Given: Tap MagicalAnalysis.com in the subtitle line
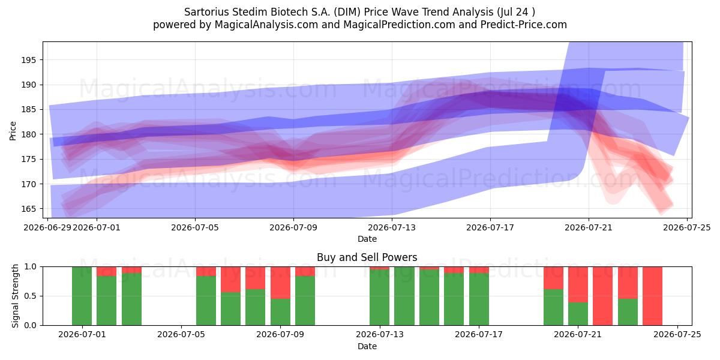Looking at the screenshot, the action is click(266, 25).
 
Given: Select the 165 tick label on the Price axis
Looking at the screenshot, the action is click(29, 209).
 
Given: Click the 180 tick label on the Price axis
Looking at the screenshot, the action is click(29, 134).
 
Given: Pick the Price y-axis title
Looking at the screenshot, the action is click(13, 131).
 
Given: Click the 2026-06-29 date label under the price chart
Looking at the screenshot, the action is click(47, 227).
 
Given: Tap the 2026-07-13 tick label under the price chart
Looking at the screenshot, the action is click(391, 227).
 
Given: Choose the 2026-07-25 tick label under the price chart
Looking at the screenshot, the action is click(687, 227).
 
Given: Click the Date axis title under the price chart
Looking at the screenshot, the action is click(367, 239).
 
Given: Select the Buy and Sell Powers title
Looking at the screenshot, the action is click(367, 257).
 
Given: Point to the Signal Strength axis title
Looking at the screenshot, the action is click(15, 296).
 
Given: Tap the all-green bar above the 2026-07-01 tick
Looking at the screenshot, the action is click(82, 296).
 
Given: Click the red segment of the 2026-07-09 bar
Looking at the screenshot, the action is click(280, 283).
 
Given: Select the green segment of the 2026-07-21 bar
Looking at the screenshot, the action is click(578, 314).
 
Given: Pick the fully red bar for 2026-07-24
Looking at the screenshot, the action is click(653, 296).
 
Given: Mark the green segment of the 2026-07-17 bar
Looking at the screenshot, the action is click(479, 299).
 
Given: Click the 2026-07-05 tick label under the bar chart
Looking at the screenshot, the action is click(181, 335).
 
